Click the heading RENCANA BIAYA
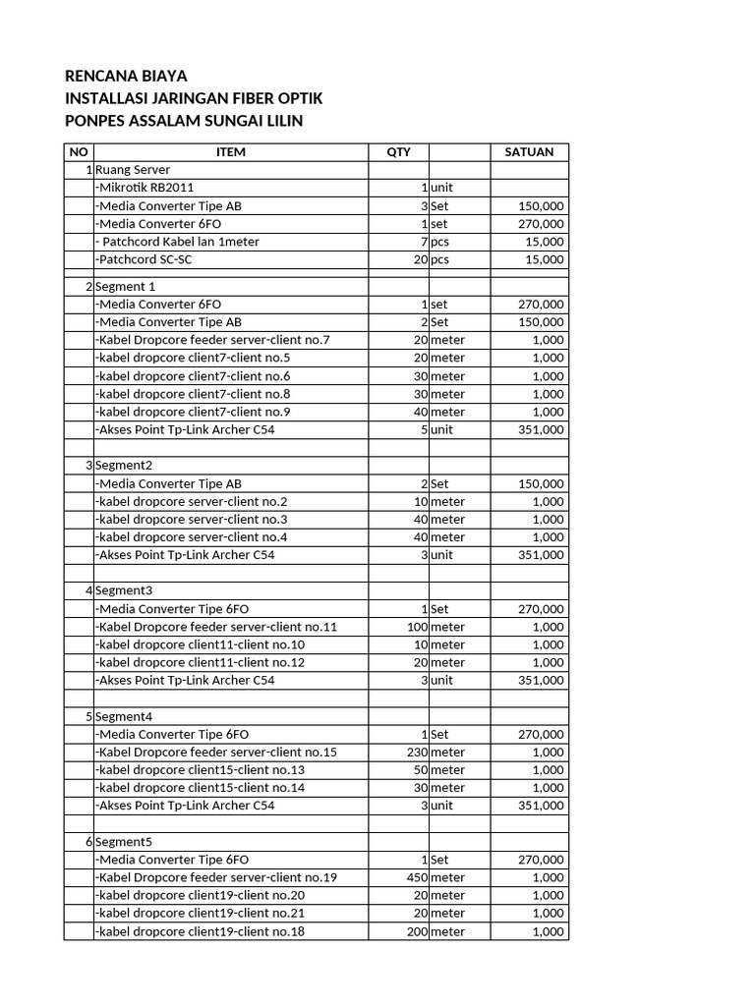[125, 77]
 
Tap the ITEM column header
[230, 152]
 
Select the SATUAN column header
[529, 152]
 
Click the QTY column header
[398, 152]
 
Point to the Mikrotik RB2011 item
[151, 188]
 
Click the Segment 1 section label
[126, 287]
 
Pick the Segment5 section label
[125, 842]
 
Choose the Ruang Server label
[133, 170]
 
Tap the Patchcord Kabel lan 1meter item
[177, 242]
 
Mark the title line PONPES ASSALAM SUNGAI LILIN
[184, 121]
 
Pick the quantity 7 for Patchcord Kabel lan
[424, 242]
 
